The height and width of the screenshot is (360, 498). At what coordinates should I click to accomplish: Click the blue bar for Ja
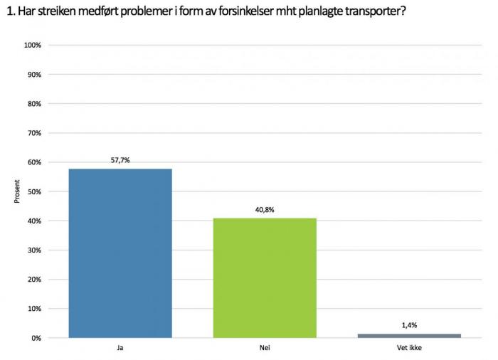120,253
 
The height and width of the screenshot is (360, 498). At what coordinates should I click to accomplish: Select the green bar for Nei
265,277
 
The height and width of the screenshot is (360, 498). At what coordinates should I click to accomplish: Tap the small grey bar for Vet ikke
409,335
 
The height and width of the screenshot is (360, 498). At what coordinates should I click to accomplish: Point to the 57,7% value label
120,161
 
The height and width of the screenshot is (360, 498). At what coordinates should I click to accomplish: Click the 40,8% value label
265,210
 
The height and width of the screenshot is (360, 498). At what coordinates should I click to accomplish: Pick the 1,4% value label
409,325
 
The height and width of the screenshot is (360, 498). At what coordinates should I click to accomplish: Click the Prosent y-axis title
17,191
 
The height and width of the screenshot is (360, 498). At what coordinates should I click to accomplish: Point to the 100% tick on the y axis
33,45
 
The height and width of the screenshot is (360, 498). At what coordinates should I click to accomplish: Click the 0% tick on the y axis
36,338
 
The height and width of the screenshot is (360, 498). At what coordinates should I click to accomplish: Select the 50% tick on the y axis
34,191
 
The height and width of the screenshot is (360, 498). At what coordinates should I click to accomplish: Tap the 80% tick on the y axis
34,104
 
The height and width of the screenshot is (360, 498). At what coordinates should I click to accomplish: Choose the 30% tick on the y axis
34,250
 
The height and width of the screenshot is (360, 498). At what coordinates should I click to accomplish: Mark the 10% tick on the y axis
34,309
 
